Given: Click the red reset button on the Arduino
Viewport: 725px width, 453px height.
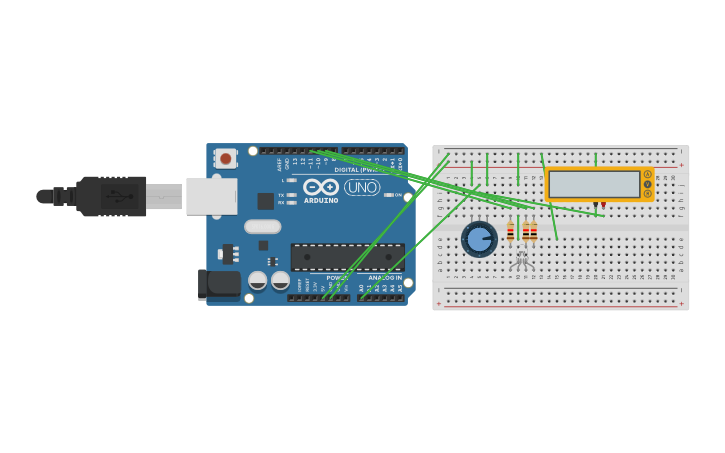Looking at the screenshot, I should point(226,158).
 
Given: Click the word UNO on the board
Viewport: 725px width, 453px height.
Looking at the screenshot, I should point(362,187).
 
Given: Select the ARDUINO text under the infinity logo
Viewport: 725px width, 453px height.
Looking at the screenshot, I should point(321,200).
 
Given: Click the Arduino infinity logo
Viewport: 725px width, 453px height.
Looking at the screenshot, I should point(321,187).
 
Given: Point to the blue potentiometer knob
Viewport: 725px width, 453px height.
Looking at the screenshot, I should point(479,239).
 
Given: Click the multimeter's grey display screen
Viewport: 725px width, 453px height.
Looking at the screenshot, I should point(594,184).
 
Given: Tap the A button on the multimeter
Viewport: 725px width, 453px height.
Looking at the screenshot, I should point(647,175).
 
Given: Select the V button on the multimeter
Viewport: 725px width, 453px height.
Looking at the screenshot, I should point(647,184).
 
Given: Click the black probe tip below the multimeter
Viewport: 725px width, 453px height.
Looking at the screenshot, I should point(595,206).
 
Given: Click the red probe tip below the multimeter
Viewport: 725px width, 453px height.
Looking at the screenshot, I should point(603,206).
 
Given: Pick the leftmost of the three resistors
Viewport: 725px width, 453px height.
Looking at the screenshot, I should point(510,231).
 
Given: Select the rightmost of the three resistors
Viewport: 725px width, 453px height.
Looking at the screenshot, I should point(534,231).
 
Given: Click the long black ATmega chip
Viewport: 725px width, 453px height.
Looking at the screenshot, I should point(347,257).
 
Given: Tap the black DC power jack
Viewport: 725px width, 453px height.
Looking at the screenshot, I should point(222,284).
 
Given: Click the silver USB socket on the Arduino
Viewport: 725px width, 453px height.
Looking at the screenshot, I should point(211,196).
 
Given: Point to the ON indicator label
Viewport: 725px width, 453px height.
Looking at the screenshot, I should point(398,195).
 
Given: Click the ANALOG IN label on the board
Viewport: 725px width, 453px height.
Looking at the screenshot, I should point(384,278).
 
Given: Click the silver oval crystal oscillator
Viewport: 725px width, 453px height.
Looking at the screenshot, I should point(262,226).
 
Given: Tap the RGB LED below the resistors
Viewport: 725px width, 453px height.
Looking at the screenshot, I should point(520,262).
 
